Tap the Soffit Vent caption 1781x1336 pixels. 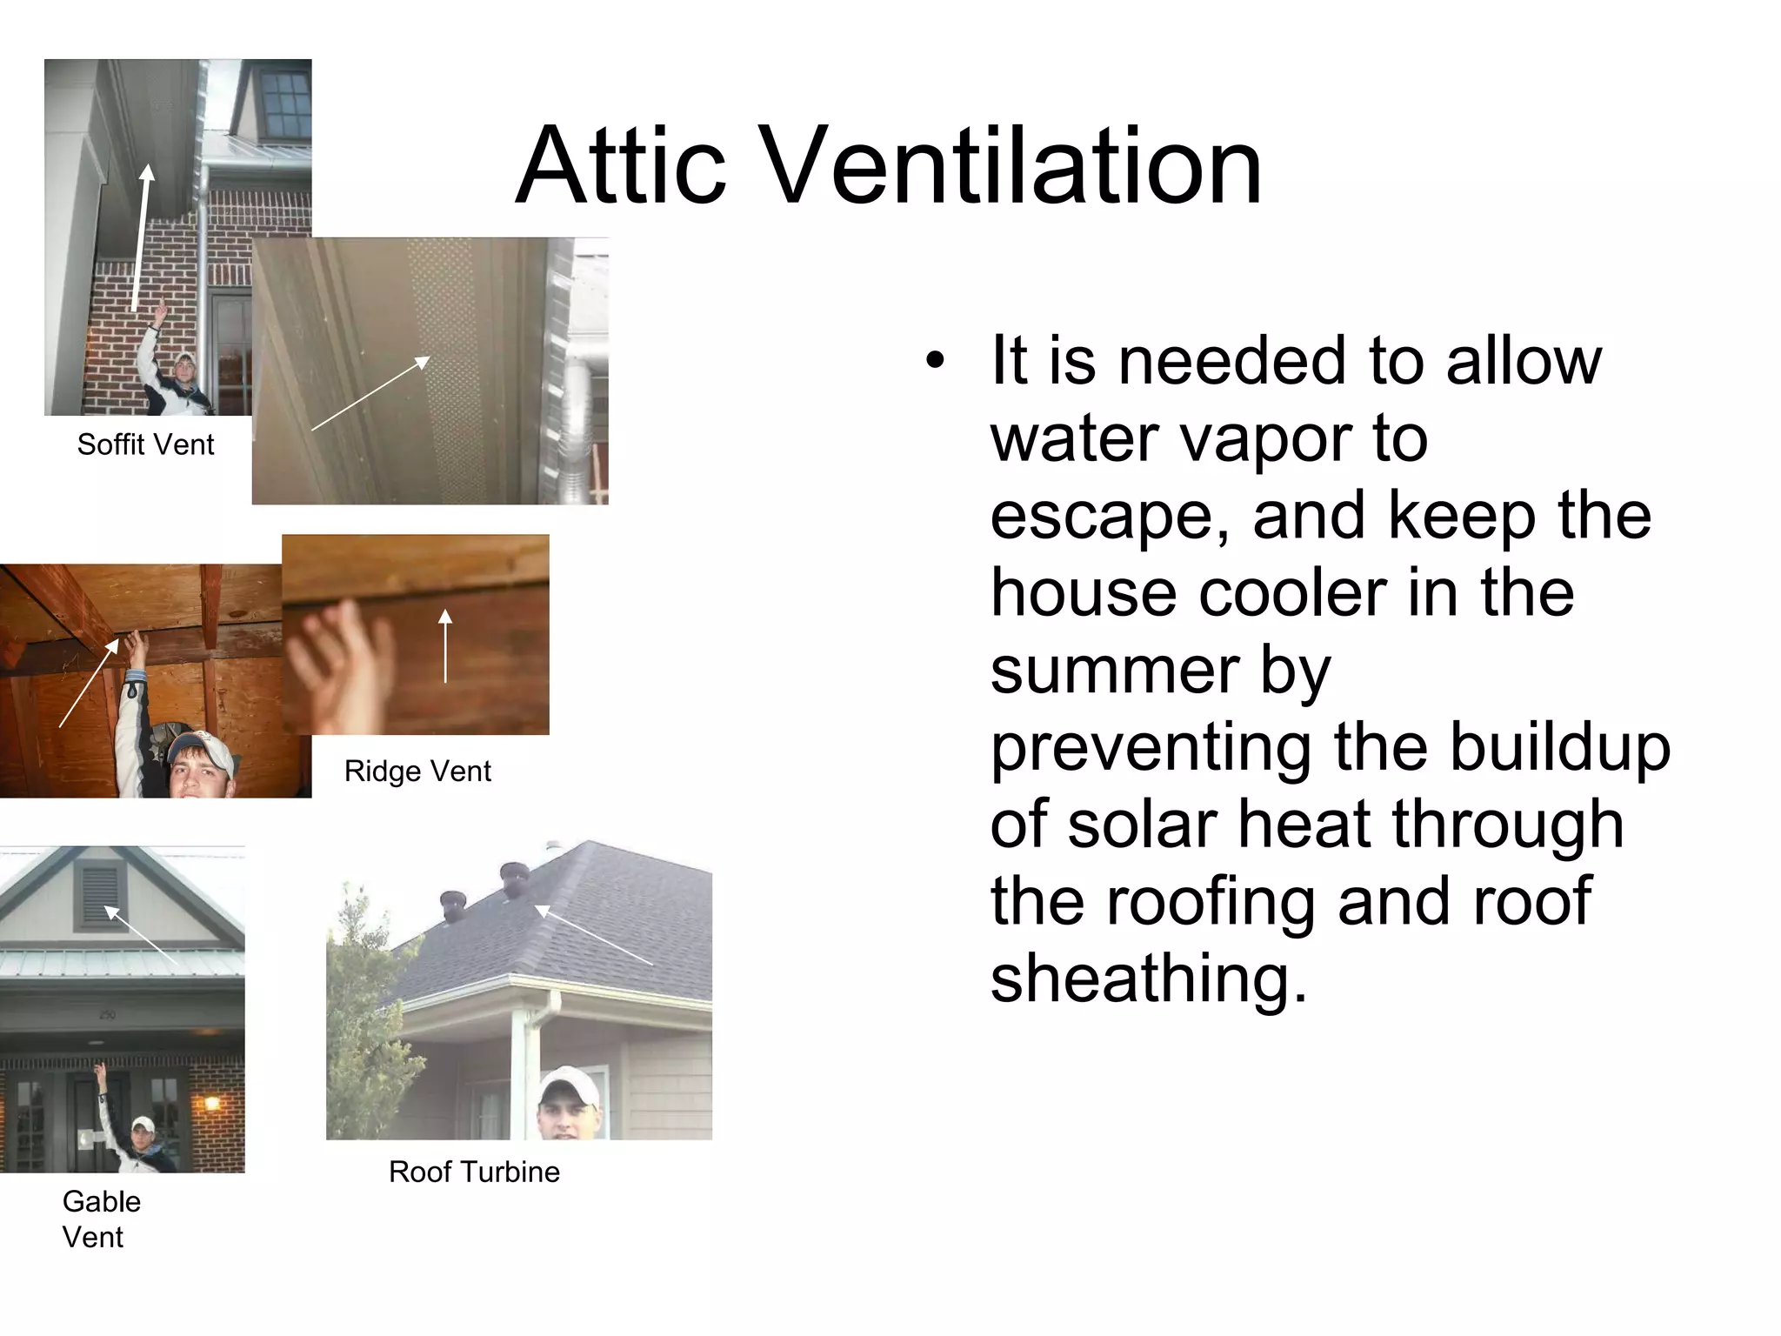[x=145, y=444]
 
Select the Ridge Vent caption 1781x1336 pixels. [x=417, y=771]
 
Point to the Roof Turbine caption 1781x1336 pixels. [x=474, y=1172]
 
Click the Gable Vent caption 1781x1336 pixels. [x=101, y=1219]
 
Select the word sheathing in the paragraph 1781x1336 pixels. [x=1148, y=978]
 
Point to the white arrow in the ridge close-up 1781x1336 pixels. [x=445, y=645]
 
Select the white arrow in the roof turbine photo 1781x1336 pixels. [x=593, y=935]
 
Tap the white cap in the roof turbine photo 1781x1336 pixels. [x=569, y=1086]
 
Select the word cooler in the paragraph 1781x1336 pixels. [x=1299, y=593]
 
